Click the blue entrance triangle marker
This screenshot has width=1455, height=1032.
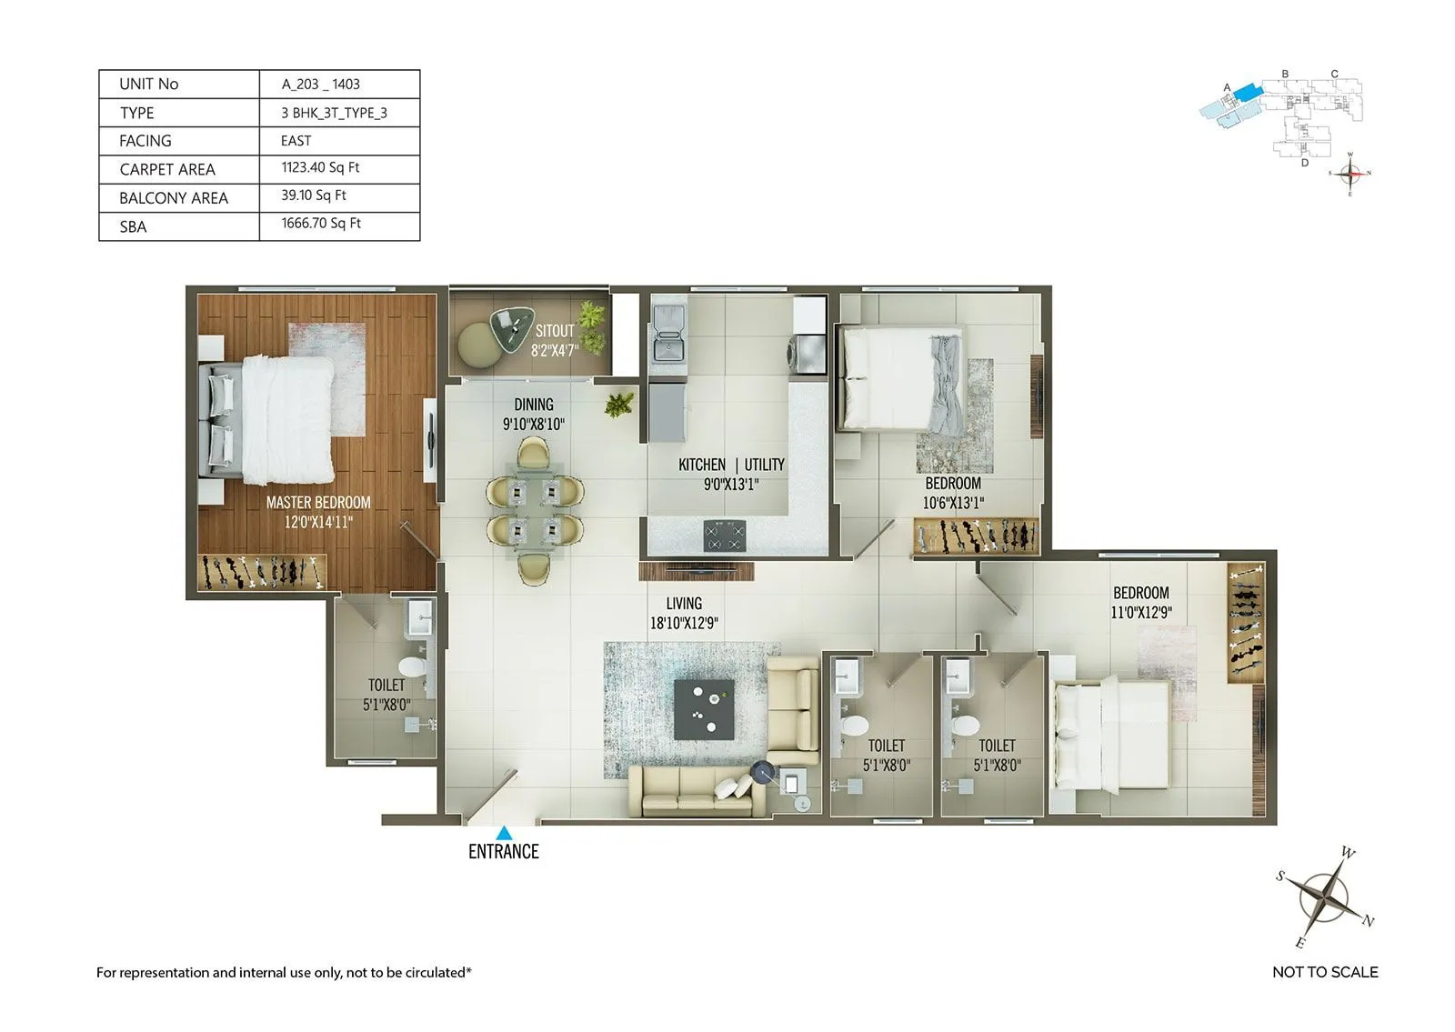(504, 832)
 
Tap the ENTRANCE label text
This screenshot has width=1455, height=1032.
(504, 852)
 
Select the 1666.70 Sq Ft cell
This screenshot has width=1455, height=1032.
(321, 224)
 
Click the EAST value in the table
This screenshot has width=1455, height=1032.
(296, 141)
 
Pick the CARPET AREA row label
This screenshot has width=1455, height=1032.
(167, 170)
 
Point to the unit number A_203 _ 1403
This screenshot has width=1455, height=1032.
(321, 85)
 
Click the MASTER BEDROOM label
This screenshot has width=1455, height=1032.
(318, 503)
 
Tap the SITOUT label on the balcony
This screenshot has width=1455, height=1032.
(555, 331)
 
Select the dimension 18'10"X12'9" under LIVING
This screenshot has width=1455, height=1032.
(684, 624)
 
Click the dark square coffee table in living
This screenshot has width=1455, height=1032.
(704, 709)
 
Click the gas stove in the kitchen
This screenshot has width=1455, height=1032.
(725, 536)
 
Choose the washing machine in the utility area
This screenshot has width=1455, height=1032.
(806, 354)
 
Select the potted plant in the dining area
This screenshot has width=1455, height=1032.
(620, 405)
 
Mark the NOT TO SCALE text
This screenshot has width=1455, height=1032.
(1325, 972)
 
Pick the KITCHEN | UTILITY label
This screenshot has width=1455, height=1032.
(731, 465)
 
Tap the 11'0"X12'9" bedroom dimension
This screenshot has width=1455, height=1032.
(1141, 613)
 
